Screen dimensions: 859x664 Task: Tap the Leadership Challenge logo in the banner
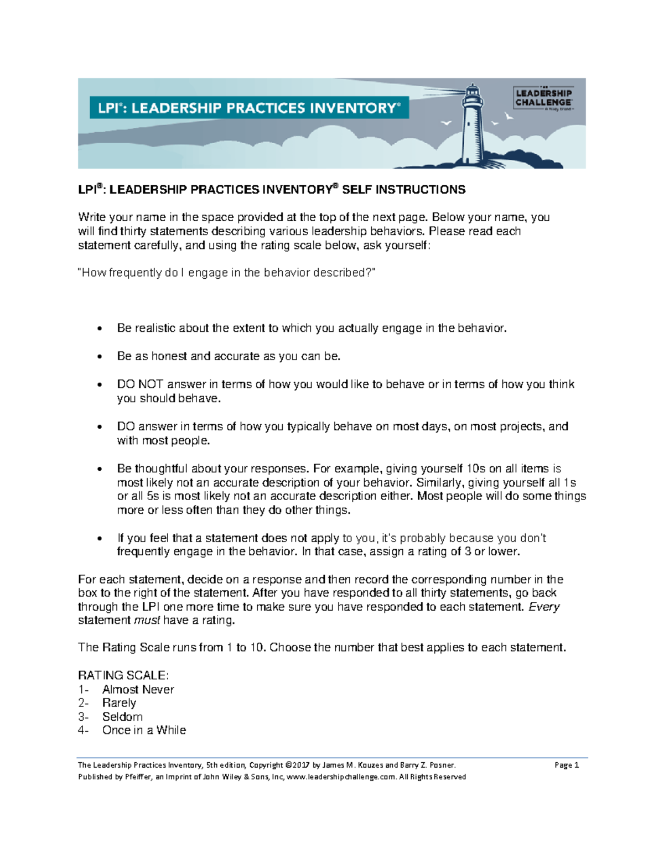544,98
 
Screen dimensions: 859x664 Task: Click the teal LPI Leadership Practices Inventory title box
249,108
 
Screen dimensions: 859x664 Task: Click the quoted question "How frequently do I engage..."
226,273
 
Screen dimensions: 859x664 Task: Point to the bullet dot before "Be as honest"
100,357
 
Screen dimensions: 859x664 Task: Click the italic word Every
544,607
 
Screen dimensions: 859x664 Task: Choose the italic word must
147,621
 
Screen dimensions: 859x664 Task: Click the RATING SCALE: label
123,675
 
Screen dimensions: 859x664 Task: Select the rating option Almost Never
138,690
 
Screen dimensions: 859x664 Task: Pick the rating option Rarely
119,703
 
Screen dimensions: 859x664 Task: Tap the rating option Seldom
122,717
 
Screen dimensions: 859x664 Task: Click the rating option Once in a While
144,730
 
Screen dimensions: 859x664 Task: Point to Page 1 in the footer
566,766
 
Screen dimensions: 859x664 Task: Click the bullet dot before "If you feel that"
100,539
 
